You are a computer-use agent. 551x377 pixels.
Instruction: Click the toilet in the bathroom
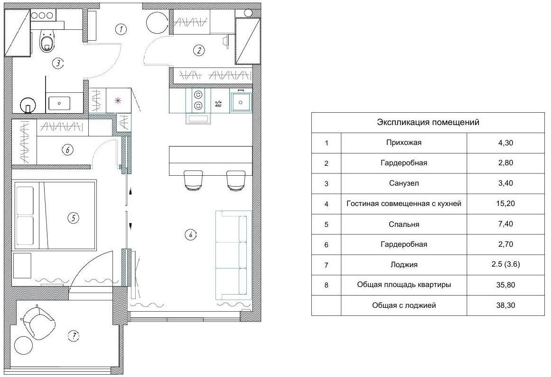tap(48, 41)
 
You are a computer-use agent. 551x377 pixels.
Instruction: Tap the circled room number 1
tap(121, 29)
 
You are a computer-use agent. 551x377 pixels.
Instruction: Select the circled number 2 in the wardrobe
tap(199, 50)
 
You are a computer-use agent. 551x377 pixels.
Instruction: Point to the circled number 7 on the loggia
tap(74, 336)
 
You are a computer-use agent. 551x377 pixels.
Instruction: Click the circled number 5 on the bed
tap(73, 218)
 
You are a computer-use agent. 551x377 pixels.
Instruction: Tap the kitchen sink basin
tap(241, 102)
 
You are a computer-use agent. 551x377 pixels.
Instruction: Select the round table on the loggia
tap(23, 346)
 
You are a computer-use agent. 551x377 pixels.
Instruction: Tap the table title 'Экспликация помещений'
tap(428, 122)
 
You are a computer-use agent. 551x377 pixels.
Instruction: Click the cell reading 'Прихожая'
tap(404, 143)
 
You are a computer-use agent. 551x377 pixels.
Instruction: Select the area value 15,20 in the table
tap(505, 203)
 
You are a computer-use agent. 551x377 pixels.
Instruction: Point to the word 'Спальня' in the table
tap(404, 224)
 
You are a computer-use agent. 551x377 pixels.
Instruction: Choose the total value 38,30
tap(505, 305)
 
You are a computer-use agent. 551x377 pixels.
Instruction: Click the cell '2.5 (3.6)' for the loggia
tap(505, 264)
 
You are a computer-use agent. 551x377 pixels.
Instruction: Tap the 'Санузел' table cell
tap(404, 183)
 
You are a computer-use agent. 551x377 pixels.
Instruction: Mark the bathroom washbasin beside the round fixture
tap(59, 103)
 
